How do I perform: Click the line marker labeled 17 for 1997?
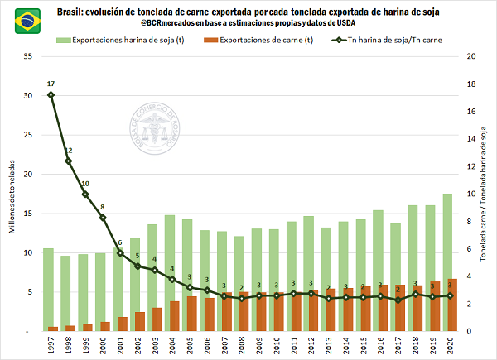tap(51, 94)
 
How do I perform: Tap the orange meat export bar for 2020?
tap(451, 305)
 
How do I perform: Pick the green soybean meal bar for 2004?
tap(169, 273)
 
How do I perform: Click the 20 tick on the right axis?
tap(470, 56)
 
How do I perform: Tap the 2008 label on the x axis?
tap(243, 345)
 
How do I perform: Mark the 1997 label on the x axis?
tap(51, 345)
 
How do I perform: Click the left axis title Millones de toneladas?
tap(12, 194)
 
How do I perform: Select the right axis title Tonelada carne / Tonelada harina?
tap(484, 194)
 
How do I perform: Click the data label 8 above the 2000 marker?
tap(103, 207)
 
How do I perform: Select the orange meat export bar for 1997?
tap(53, 329)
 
